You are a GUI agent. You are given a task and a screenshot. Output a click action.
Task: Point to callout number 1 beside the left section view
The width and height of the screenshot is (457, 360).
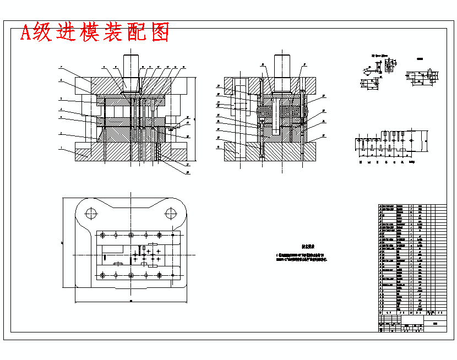[x=61, y=148]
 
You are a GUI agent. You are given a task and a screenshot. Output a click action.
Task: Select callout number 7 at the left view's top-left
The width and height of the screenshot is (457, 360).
[x=61, y=67]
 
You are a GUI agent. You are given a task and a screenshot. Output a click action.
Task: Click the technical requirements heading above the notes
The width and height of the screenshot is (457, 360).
[x=307, y=247]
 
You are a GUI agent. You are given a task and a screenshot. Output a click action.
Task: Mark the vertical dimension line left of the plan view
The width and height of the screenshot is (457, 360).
[x=64, y=242]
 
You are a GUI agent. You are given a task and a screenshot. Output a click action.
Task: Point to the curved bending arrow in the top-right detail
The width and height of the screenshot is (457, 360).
[x=366, y=70]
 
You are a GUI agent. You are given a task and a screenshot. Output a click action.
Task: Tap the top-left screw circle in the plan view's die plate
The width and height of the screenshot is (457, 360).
[x=102, y=235]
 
